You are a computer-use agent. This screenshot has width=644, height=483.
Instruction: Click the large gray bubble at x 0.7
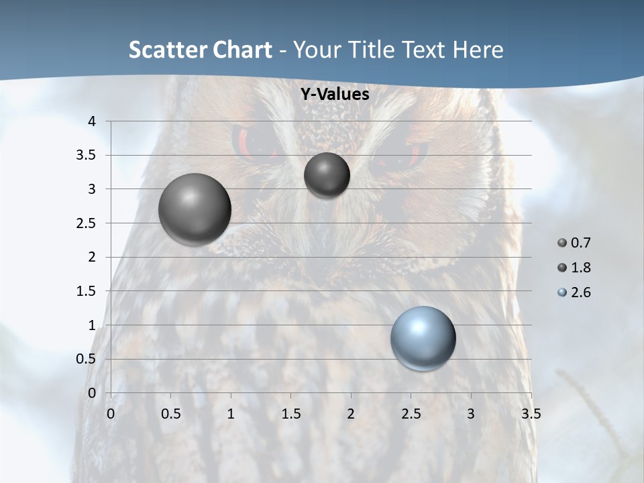click(x=195, y=209)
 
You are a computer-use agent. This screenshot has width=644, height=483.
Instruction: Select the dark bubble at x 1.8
click(x=327, y=175)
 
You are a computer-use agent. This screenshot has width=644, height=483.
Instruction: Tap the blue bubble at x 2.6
click(x=423, y=338)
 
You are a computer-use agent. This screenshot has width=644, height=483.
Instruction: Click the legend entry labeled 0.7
click(x=574, y=243)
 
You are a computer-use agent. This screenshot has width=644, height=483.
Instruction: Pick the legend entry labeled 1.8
click(x=574, y=268)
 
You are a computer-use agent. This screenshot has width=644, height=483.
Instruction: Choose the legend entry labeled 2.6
click(x=574, y=292)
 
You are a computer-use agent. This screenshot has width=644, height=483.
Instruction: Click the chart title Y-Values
click(x=334, y=95)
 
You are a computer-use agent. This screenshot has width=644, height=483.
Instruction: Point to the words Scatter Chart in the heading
click(x=200, y=50)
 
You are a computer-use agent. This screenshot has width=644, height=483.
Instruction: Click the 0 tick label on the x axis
click(x=111, y=414)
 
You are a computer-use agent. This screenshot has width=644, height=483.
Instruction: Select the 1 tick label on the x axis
click(x=231, y=414)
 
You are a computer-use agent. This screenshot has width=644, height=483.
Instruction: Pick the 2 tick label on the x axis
click(x=351, y=414)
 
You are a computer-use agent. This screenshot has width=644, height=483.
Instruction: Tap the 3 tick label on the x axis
click(x=471, y=414)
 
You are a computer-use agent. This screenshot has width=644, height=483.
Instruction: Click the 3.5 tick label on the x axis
click(x=531, y=414)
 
